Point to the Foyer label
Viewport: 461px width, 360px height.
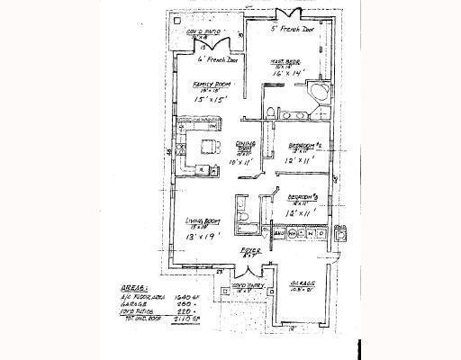click(x=246, y=253)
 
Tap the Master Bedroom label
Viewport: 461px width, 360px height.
click(x=285, y=61)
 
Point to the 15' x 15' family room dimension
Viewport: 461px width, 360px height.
click(x=208, y=100)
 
